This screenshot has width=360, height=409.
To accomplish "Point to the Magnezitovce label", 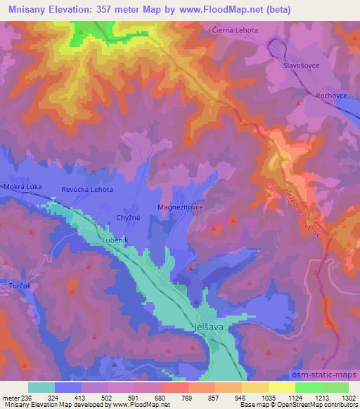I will click(181, 208).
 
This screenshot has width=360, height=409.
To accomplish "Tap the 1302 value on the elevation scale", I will click(349, 398).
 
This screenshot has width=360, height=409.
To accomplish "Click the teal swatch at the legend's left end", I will click(41, 387).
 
